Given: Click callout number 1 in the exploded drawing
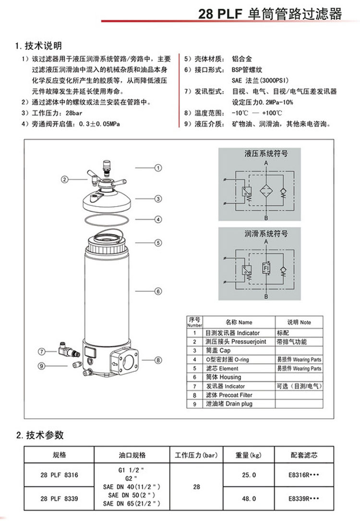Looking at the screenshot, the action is [x=158, y=168].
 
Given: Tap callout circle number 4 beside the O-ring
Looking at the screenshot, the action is [x=158, y=219].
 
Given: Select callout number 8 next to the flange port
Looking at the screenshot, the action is [x=158, y=360].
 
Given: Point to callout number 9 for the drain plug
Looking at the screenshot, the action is [x=42, y=366].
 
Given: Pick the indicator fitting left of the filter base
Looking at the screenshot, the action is [x=69, y=350].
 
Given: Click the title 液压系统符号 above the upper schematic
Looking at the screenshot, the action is [x=266, y=154].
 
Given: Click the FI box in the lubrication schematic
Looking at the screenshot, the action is [x=266, y=268].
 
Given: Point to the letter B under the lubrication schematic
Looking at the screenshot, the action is [x=266, y=296].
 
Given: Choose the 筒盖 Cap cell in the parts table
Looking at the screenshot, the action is [x=239, y=351].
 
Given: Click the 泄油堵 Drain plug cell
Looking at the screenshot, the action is [x=239, y=404].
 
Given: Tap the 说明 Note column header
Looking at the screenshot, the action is [x=299, y=322].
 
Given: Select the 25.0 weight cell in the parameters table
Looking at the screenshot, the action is [x=249, y=475].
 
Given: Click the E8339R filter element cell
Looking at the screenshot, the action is [x=304, y=498].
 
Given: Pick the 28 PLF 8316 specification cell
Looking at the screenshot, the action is [x=59, y=475].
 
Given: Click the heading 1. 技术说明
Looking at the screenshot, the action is [x=38, y=46].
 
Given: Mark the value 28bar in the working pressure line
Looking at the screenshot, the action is [x=74, y=113].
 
